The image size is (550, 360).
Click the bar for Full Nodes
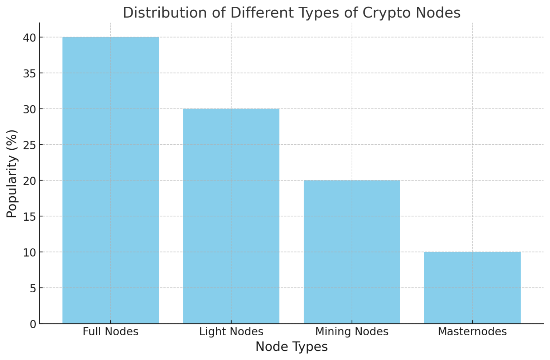tap(111, 180)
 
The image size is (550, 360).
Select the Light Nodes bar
tap(231, 216)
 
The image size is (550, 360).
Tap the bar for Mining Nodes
tap(352, 252)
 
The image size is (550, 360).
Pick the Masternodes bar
tap(472, 288)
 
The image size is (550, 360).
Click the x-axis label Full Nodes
tap(111, 332)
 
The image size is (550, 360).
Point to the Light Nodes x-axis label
tap(231, 332)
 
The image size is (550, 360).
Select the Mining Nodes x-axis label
tap(352, 332)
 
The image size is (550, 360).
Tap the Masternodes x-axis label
tap(472, 332)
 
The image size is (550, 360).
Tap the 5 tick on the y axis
tap(33, 288)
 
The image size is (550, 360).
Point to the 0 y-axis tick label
tap(33, 324)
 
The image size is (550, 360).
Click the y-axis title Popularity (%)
tap(12, 173)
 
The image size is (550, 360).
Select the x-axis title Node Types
tap(291, 347)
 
